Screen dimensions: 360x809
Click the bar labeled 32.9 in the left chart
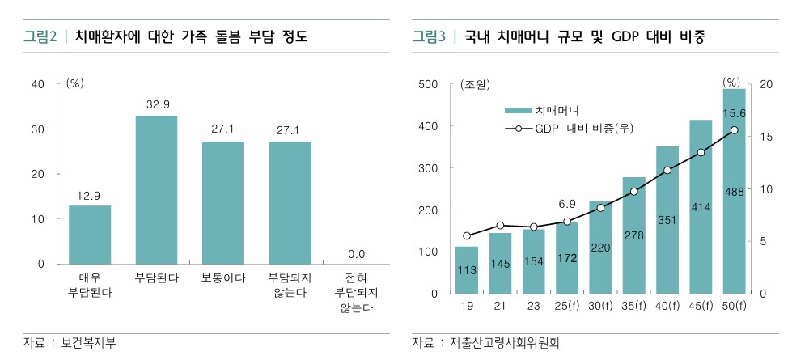[x=156, y=190]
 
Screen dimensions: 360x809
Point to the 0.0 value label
[x=357, y=254]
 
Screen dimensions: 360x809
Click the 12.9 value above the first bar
[x=89, y=195]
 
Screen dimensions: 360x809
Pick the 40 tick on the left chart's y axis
[x=37, y=84]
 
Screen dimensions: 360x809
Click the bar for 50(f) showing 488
[x=734, y=192]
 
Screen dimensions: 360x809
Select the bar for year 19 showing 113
[x=467, y=270]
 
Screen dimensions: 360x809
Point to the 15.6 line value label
[x=734, y=113]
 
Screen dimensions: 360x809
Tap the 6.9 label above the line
[x=567, y=203]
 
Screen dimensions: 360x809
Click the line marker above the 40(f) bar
[x=667, y=170]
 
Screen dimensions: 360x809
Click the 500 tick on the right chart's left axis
[x=428, y=84]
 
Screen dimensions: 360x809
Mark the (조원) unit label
[x=476, y=84]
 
